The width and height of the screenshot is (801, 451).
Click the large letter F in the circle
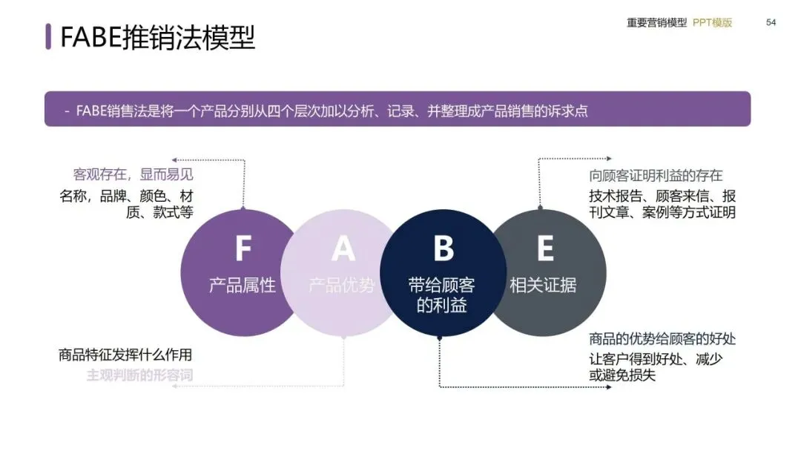pyautogui.click(x=243, y=248)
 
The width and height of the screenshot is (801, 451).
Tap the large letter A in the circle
pyautogui.click(x=343, y=248)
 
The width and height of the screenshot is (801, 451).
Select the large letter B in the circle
pyautogui.click(x=443, y=248)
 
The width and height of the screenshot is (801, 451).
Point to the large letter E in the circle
pyautogui.click(x=544, y=248)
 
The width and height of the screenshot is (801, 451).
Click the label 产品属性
pyautogui.click(x=242, y=285)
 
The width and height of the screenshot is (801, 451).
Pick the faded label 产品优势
pyautogui.click(x=342, y=285)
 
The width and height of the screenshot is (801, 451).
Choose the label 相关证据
pyautogui.click(x=543, y=285)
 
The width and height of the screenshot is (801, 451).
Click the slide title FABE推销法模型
pyautogui.click(x=157, y=36)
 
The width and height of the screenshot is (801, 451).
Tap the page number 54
pyautogui.click(x=771, y=22)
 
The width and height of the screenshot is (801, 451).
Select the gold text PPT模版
pyautogui.click(x=712, y=22)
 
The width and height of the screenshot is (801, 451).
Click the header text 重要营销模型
pyautogui.click(x=656, y=22)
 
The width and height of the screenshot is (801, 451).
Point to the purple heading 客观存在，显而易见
pyautogui.click(x=133, y=175)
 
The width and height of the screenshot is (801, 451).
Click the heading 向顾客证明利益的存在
pyautogui.click(x=656, y=176)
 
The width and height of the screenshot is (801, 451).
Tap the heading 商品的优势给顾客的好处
pyautogui.click(x=662, y=339)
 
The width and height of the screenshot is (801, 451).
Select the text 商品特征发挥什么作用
pyautogui.click(x=125, y=355)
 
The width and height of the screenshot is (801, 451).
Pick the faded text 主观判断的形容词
pyautogui.click(x=139, y=375)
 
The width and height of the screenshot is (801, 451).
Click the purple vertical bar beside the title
pyautogui.click(x=48, y=36)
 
